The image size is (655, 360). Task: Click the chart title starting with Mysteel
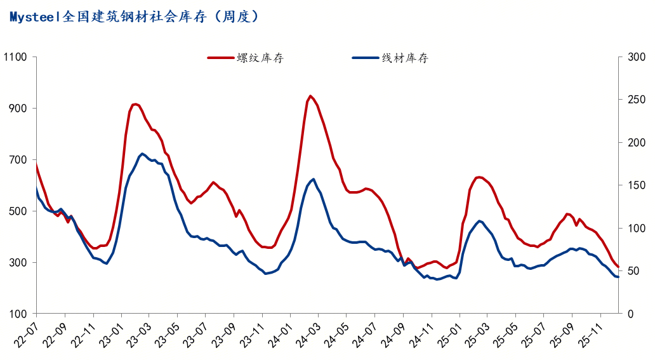[134, 17]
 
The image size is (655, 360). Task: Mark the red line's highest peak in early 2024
[310, 96]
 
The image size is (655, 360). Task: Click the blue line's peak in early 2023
[142, 154]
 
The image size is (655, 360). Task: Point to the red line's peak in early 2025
[479, 177]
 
